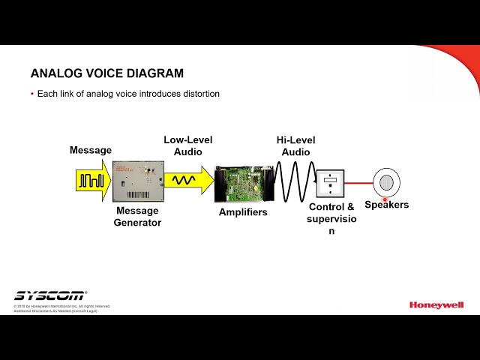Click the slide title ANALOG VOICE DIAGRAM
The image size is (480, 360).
pyautogui.click(x=107, y=73)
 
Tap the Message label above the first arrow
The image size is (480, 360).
pyautogui.click(x=91, y=150)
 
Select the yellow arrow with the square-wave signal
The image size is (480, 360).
pyautogui.click(x=92, y=181)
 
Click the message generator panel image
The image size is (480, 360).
pyautogui.click(x=136, y=181)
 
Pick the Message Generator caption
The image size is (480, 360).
pyautogui.click(x=137, y=217)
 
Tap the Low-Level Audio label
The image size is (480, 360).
pyautogui.click(x=188, y=145)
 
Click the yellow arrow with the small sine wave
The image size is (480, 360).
pyautogui.click(x=187, y=181)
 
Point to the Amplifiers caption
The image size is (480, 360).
pyautogui.click(x=243, y=212)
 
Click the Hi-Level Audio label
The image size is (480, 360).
pyautogui.click(x=295, y=145)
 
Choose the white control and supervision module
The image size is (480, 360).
pyautogui.click(x=330, y=184)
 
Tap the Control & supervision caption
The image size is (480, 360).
pyautogui.click(x=331, y=218)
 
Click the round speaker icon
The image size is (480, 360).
pyautogui.click(x=386, y=182)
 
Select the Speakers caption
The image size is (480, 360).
pyautogui.click(x=386, y=205)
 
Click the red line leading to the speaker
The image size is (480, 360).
pyautogui.click(x=358, y=182)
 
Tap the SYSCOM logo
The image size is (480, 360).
pyautogui.click(x=49, y=295)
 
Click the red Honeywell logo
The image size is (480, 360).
pyautogui.click(x=436, y=304)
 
